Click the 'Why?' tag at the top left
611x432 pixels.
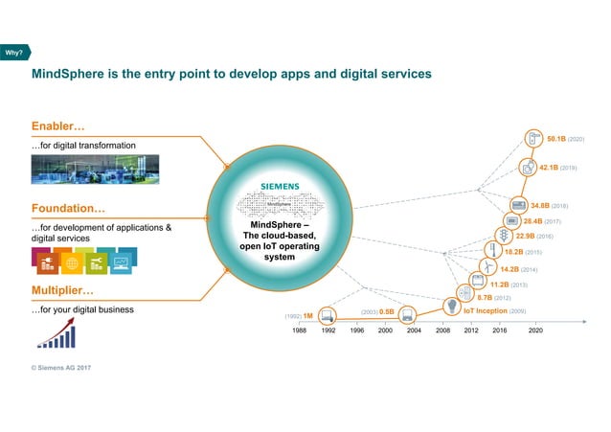pos(14,52)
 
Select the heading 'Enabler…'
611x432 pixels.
pos(59,126)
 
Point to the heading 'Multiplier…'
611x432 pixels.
pos(63,289)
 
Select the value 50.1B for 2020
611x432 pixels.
pos(555,139)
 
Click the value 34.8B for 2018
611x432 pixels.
pos(541,205)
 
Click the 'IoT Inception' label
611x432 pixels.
pos(486,311)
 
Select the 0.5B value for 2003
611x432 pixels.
pos(387,311)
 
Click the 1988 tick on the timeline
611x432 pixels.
pos(300,329)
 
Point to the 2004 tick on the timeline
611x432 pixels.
pos(413,329)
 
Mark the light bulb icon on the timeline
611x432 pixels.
pos(452,306)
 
